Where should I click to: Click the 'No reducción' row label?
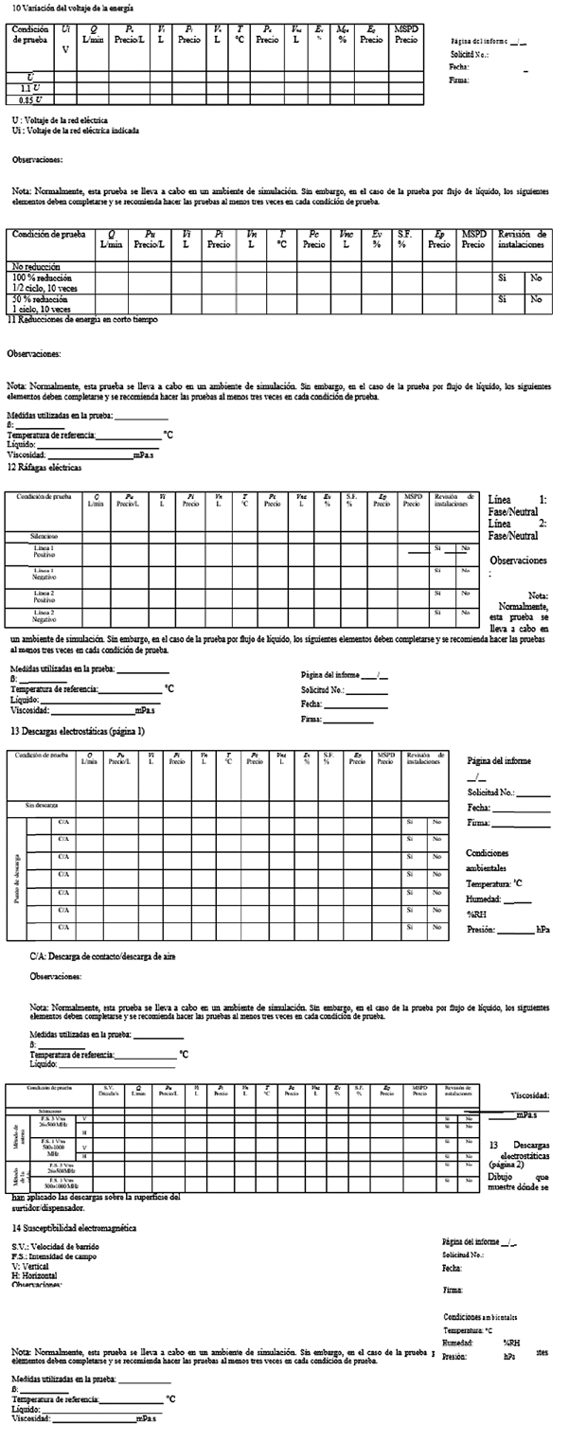coord(34,266)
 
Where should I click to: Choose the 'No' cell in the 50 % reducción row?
coord(537,300)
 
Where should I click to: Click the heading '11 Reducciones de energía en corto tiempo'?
coord(82,320)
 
